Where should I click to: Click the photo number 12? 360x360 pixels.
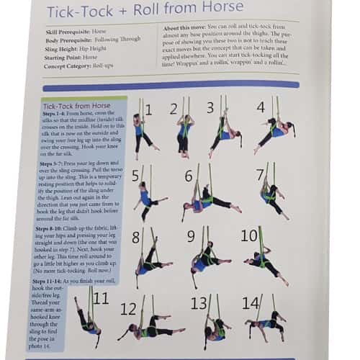(x=127, y=309)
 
